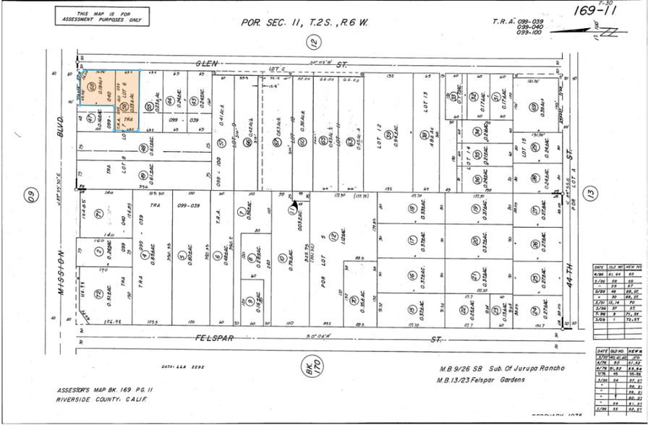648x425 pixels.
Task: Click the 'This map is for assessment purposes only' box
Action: point(102,17)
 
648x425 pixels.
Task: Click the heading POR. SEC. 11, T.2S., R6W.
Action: point(304,22)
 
